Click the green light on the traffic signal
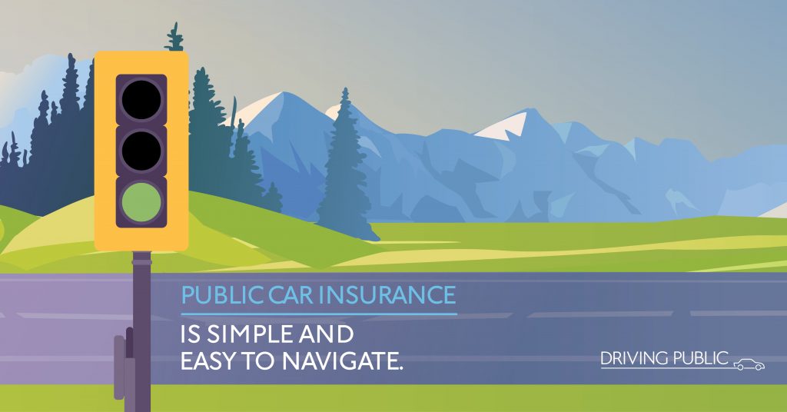(x=141, y=201)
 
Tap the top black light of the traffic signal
(x=141, y=99)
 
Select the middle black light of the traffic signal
(x=141, y=151)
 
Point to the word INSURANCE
(x=387, y=295)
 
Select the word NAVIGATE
(x=342, y=361)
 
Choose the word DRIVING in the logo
(x=634, y=359)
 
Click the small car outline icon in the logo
(x=749, y=364)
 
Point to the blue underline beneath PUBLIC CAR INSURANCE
(x=319, y=314)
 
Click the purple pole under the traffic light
(x=142, y=331)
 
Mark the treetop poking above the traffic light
(x=174, y=37)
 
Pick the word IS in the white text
(x=191, y=334)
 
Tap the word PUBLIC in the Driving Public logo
(x=700, y=359)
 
